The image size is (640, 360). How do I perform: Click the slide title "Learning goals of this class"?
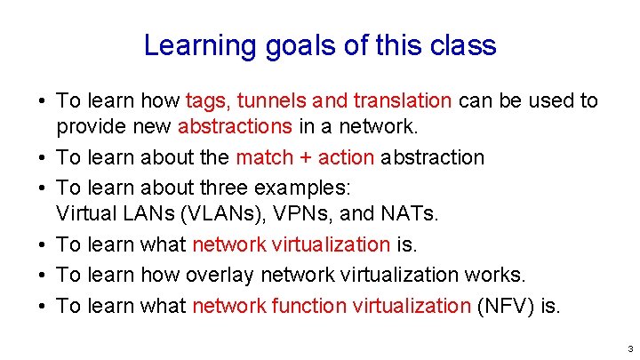pos(320,45)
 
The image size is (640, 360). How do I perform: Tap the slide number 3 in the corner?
pos(628,348)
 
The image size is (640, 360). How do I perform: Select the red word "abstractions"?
pos(235,126)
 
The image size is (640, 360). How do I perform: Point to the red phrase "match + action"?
pos(305,157)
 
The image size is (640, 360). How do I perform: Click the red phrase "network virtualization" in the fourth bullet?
pos(291,244)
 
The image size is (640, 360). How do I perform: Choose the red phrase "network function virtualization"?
pos(331,306)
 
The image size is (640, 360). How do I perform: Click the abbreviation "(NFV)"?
pos(507,306)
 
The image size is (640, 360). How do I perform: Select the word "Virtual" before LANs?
pos(84,213)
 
